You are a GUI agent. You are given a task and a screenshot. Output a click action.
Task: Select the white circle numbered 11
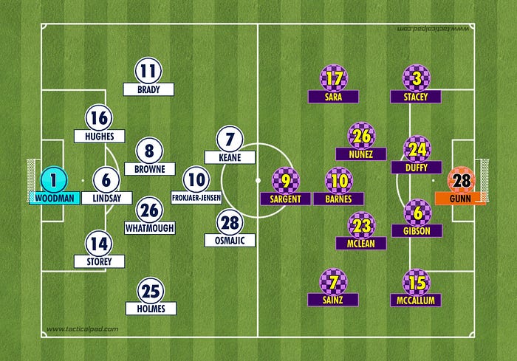[148, 72]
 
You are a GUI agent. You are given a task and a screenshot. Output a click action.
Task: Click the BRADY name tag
[148, 89]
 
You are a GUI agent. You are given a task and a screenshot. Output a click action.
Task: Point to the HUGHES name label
[99, 136]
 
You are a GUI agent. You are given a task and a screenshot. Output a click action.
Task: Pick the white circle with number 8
[149, 152]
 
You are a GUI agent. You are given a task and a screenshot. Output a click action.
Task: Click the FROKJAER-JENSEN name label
[196, 197]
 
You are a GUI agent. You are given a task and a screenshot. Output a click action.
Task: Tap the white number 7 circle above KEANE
[229, 139]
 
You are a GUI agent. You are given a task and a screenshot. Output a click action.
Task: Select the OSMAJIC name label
[229, 240]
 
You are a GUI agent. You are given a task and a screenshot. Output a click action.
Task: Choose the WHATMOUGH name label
[149, 228]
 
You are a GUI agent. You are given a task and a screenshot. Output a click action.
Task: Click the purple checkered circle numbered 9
[286, 180]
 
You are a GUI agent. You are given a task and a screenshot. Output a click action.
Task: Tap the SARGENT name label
[286, 199]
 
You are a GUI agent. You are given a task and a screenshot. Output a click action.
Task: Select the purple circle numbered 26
[361, 136]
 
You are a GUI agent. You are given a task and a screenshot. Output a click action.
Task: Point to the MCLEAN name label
[361, 243]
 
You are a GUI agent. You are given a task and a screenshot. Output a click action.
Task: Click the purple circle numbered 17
[333, 78]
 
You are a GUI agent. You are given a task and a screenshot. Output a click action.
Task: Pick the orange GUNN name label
[461, 198]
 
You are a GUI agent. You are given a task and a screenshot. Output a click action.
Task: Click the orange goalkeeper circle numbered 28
[460, 180]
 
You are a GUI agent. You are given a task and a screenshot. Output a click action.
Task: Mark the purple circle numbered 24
[417, 148]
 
